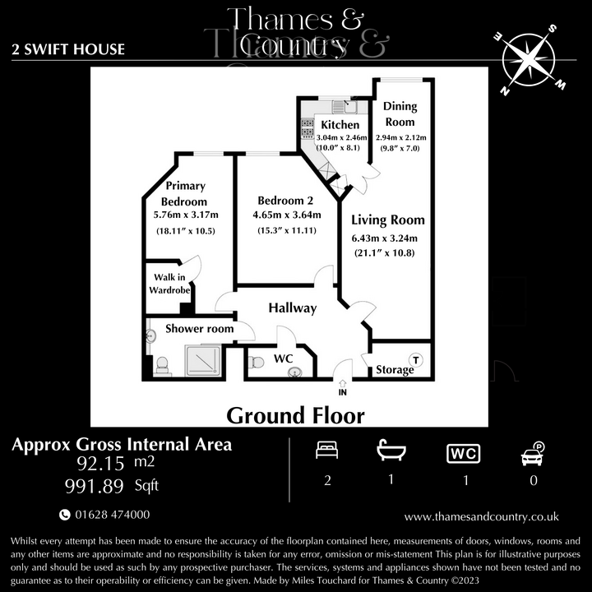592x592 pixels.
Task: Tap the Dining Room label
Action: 400,113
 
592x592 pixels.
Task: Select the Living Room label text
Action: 388,220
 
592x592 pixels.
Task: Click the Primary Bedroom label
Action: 183,193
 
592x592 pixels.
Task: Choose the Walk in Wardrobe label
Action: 169,282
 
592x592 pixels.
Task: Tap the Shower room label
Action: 199,329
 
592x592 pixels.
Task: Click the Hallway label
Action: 292,308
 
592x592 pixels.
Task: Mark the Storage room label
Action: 395,370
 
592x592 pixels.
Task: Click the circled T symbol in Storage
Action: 416,359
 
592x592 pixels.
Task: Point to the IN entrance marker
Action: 342,392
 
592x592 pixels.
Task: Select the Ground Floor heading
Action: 295,415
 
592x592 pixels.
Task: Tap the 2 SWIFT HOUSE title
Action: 68,49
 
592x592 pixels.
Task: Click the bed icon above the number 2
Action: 327,451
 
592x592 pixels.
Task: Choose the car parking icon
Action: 533,452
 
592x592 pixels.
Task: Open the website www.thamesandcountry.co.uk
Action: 482,516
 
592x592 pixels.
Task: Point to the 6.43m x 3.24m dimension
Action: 385,238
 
